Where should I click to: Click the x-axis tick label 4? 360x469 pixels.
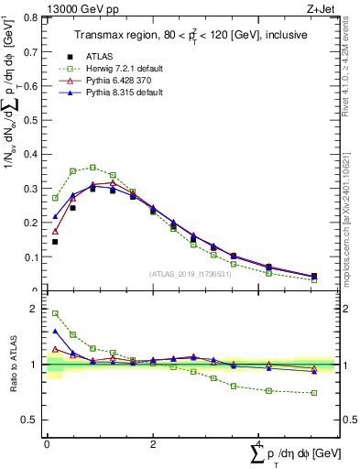point(259,445)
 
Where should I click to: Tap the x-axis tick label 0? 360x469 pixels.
point(47,445)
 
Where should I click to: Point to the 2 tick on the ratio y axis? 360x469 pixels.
point(35,309)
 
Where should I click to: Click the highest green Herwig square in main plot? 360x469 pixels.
point(93,168)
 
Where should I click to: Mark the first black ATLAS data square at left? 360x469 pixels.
point(55,242)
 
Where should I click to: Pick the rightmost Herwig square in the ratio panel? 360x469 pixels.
point(314,393)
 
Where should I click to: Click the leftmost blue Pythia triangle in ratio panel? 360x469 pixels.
point(55,332)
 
